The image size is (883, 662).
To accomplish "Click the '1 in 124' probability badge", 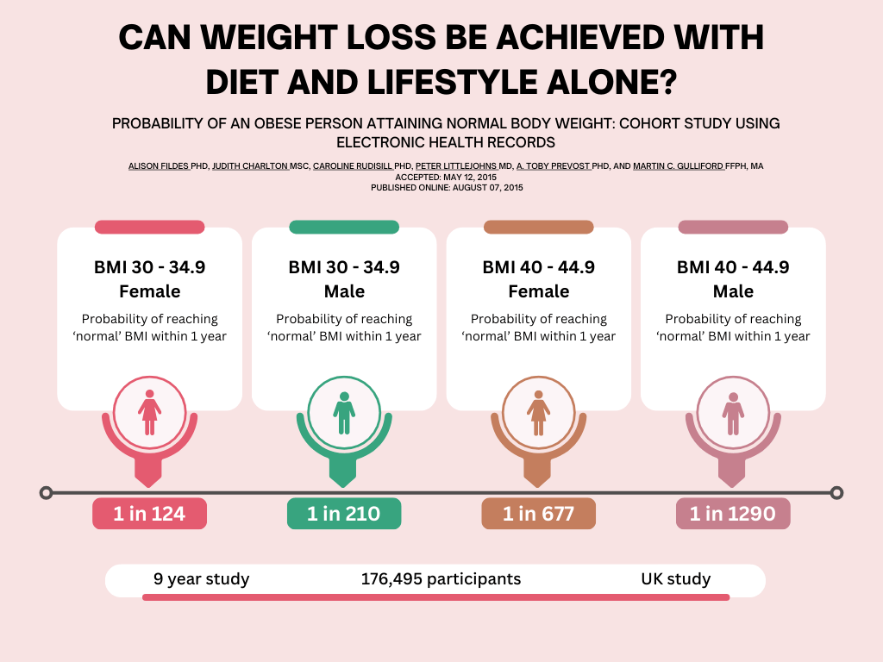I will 149,514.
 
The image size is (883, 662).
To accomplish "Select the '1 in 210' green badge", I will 344,514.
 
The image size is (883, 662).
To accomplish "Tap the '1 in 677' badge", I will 538,514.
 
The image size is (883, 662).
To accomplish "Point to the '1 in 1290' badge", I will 733,514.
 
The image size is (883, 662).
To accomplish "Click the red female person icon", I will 150,413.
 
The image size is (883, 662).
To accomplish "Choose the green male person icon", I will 344,413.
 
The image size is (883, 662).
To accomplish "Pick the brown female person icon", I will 539,413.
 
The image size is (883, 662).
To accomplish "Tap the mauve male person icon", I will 733,413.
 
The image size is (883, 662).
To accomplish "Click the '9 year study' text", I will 202,579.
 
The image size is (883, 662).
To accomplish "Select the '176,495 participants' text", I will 441,579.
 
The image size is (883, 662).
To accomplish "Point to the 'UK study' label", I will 675,579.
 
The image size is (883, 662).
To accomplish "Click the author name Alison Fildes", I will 158,165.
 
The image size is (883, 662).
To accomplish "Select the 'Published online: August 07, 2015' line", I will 446,187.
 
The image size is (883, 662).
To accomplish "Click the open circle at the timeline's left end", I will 47,493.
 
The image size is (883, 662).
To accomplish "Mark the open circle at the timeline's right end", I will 836,493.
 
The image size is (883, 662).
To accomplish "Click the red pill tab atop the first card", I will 149,228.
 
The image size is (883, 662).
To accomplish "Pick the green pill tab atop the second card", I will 344,228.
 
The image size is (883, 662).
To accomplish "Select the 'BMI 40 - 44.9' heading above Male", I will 733,267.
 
